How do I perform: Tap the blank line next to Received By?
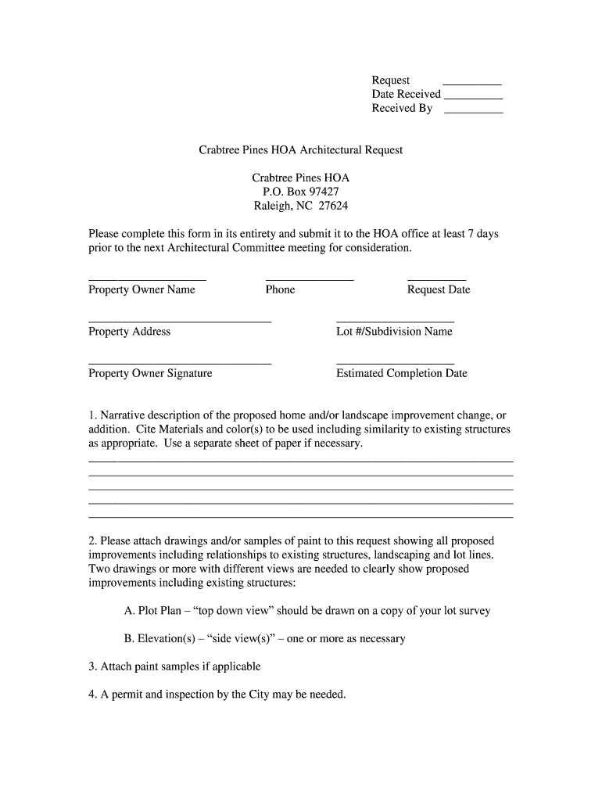(473, 113)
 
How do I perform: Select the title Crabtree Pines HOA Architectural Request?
(301, 149)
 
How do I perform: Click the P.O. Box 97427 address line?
(301, 192)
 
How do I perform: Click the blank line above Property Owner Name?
(147, 279)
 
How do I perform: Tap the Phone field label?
(280, 290)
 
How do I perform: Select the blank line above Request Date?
(437, 279)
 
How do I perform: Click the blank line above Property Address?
(180, 321)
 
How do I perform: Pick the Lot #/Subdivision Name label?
(394, 332)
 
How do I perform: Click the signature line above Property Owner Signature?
(180, 364)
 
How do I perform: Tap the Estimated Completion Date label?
(401, 374)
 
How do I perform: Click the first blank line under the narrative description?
(301, 462)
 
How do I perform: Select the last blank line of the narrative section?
(301, 517)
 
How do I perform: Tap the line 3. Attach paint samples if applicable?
(174, 667)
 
